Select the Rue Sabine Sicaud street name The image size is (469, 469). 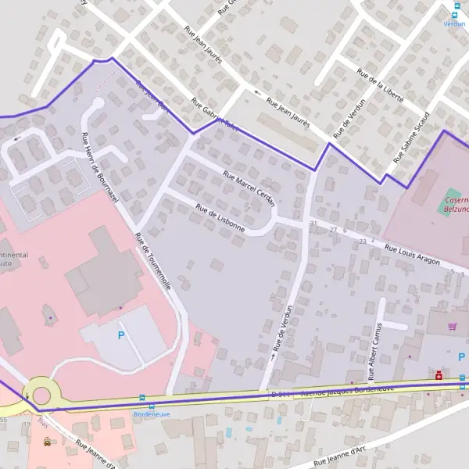[x=412, y=140]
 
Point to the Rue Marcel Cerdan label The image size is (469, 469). [x=249, y=188]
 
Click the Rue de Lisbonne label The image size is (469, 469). [x=220, y=220]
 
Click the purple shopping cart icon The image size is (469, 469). [x=452, y=326]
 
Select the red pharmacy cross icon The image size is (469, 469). [x=439, y=375]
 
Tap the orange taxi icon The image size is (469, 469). [x=47, y=442]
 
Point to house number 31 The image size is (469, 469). [x=313, y=224]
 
